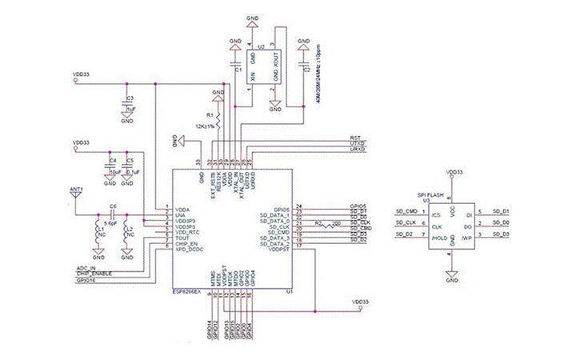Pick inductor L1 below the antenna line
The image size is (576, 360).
click(x=98, y=234)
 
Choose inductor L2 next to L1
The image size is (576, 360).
click(x=126, y=234)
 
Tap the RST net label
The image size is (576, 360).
click(x=356, y=138)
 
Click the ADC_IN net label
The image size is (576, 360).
click(x=87, y=268)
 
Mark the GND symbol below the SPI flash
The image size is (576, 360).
click(x=451, y=279)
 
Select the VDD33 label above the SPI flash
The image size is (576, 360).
click(x=452, y=171)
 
